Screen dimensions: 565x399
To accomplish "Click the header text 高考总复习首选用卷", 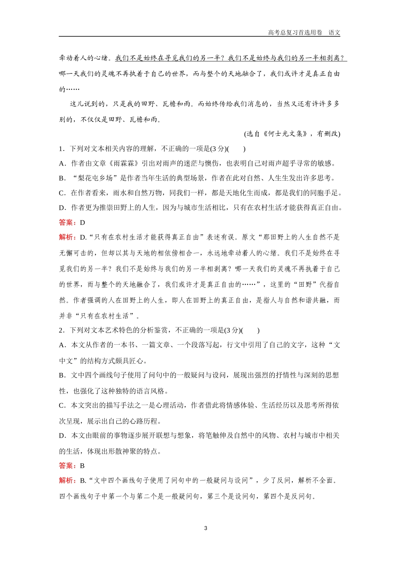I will [x=295, y=32].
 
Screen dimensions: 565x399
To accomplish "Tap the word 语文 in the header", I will [x=334, y=32].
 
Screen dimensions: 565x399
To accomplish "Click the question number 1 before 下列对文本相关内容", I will [x=61, y=148].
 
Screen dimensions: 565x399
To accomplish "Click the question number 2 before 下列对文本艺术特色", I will [x=61, y=330].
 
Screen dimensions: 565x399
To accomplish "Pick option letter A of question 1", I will [x=62, y=164].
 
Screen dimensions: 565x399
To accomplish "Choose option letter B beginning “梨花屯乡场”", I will [x=62, y=178].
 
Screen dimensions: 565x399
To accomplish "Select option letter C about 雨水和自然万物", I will [x=62, y=193].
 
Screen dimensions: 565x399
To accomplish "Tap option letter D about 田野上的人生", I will [x=62, y=208].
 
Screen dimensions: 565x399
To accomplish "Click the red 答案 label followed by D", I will [x=66, y=222].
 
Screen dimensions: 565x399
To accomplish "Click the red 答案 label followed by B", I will [x=66, y=465].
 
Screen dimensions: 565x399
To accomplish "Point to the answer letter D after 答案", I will [x=82, y=222].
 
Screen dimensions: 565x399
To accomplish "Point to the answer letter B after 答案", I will [x=82, y=465].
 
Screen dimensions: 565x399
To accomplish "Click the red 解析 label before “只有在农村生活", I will [x=66, y=237].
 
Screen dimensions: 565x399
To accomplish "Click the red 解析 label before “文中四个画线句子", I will [x=66, y=481].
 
